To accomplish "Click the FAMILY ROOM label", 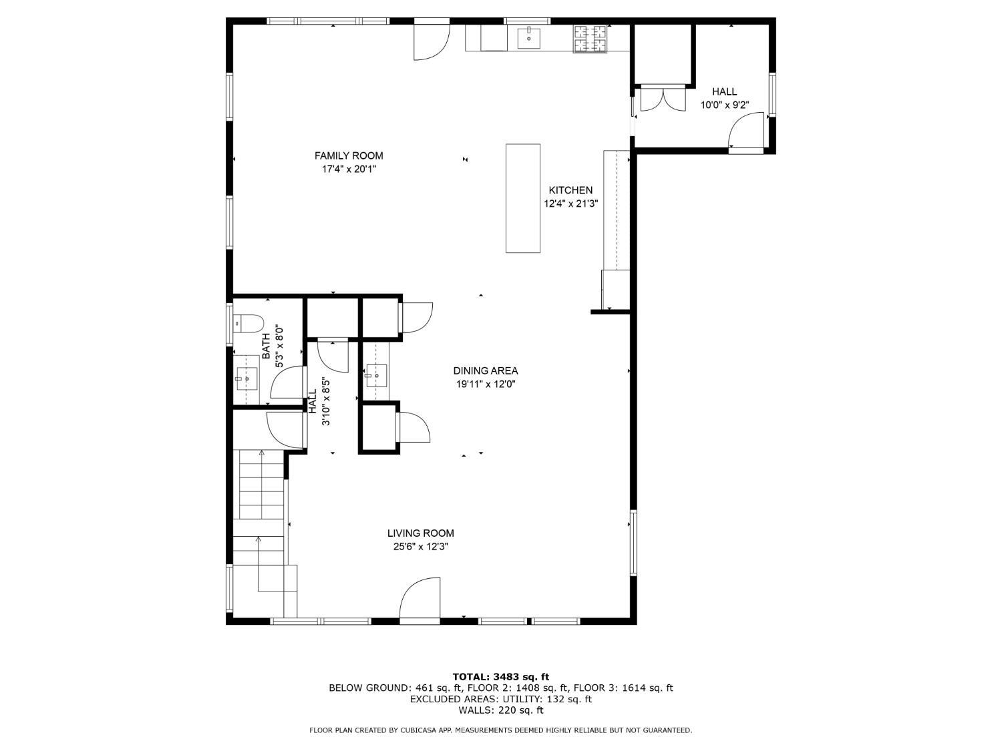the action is click(349, 156).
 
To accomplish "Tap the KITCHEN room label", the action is click(570, 190).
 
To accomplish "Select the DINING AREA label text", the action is click(486, 370).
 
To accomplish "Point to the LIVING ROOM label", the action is click(420, 533).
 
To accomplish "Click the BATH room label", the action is click(266, 346).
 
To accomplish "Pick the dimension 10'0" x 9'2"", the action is click(725, 105).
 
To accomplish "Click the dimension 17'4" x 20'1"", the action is click(349, 169).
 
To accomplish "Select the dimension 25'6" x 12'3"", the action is click(420, 547).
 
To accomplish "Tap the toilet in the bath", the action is click(248, 323).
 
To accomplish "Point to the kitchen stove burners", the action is click(591, 38).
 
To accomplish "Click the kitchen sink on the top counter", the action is click(528, 38).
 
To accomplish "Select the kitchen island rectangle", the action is click(523, 198).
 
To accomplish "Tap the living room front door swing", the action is click(420, 597).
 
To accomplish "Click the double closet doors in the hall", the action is click(663, 98).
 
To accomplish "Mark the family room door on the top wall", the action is click(432, 41).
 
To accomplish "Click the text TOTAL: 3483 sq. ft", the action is click(501, 677).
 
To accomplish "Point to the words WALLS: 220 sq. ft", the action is click(501, 710).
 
